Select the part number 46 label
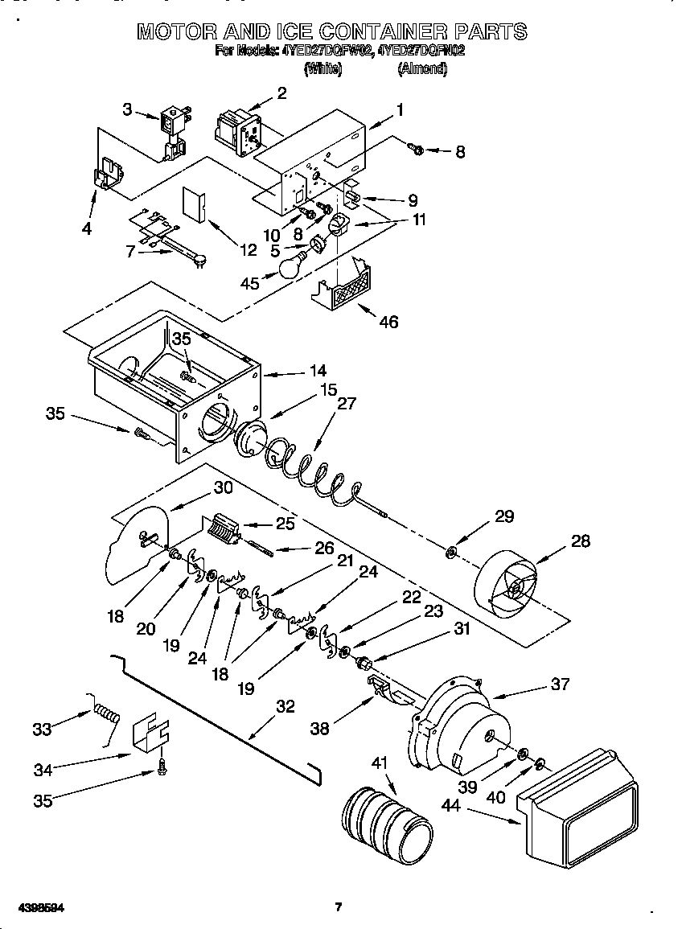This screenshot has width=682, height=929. (388, 322)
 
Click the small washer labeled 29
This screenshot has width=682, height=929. (451, 553)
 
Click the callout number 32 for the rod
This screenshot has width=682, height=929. (285, 707)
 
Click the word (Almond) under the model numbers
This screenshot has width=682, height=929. (422, 69)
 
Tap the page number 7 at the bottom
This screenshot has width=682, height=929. (339, 907)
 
